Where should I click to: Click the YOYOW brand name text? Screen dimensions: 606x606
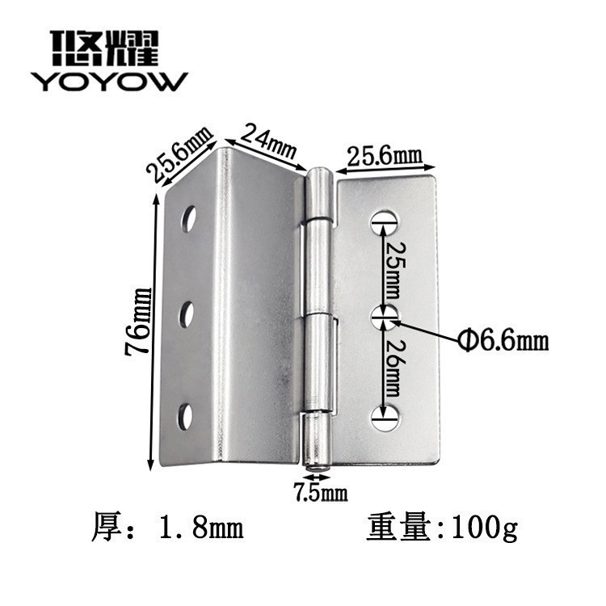pos(109,81)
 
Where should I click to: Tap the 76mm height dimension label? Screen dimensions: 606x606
pos(140,322)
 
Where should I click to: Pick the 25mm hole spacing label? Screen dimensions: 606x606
pos(392,267)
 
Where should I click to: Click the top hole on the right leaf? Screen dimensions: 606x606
pos(386,220)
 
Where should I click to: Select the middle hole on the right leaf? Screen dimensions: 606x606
pos(386,318)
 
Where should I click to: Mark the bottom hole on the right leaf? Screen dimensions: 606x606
pos(386,417)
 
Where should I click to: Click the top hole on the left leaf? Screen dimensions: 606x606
pos(188,218)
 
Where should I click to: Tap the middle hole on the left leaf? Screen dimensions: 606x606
pos(187,314)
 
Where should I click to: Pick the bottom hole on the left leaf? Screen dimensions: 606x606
pos(186,415)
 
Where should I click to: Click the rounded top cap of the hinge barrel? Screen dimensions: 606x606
pos(322,177)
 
